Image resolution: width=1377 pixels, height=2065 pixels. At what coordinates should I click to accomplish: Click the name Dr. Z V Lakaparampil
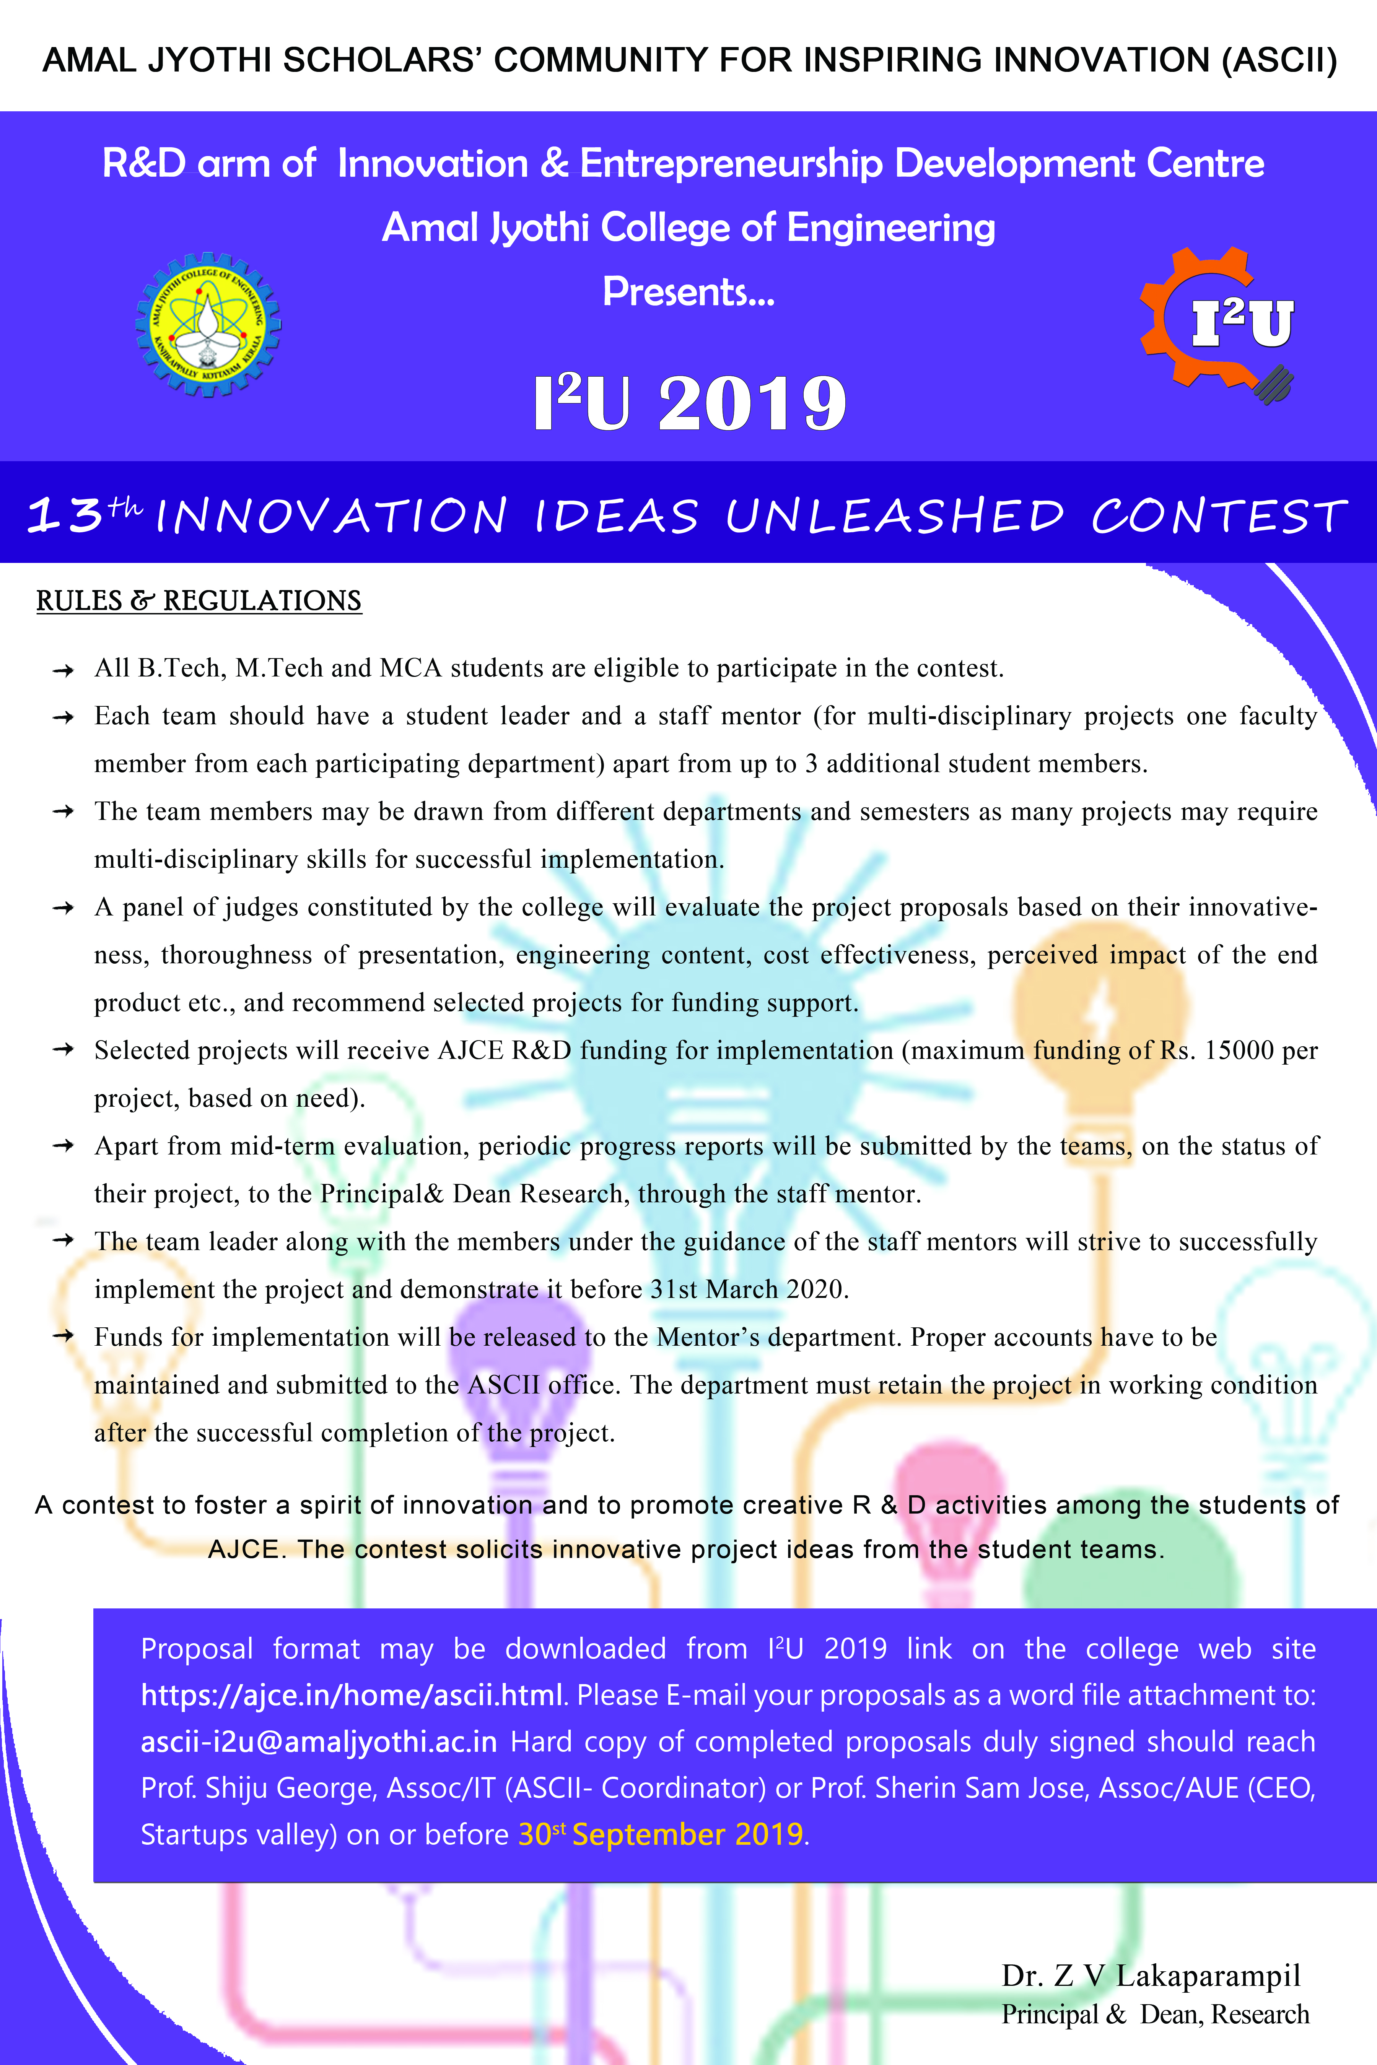pos(1151,1976)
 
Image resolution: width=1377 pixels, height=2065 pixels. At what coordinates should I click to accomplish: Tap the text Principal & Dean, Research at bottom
pos(1155,2014)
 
